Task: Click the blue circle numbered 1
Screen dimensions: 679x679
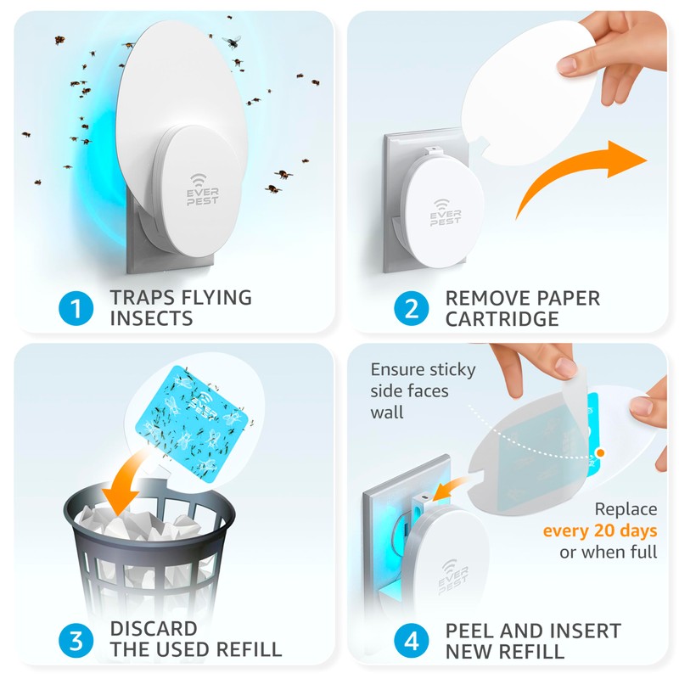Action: [x=76, y=308]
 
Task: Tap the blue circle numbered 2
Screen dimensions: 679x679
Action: [x=412, y=308]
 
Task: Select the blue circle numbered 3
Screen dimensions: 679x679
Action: [x=76, y=641]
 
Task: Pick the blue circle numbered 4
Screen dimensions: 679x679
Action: [x=412, y=641]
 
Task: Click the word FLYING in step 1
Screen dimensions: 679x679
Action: [x=216, y=298]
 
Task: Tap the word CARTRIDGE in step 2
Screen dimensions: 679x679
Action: [x=502, y=320]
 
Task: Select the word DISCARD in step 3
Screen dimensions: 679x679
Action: [x=154, y=629]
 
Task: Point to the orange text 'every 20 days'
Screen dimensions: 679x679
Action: [x=600, y=531]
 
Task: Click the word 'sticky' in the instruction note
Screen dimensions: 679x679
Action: [x=452, y=370]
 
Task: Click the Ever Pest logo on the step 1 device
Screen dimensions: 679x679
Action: [x=202, y=189]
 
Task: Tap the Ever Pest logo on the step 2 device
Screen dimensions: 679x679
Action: [x=445, y=213]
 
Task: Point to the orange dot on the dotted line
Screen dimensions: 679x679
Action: [x=600, y=453]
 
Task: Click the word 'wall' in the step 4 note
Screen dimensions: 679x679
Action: [x=387, y=412]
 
